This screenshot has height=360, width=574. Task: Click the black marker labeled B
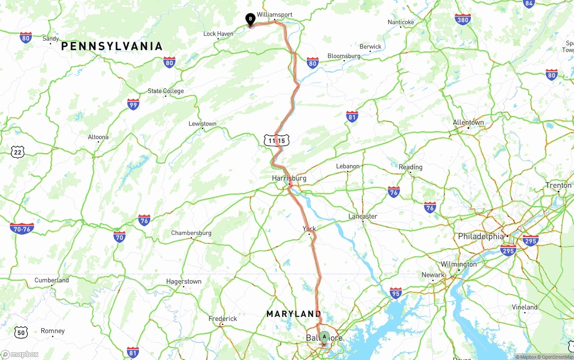click(250, 19)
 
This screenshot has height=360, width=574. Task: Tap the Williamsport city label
click(274, 15)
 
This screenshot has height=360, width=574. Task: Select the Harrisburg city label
click(289, 178)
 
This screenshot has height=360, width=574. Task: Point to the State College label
click(166, 91)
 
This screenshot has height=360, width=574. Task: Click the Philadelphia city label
click(481, 236)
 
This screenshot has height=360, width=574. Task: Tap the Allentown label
click(468, 122)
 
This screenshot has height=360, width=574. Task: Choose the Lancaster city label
click(363, 217)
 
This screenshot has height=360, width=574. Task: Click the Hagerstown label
click(184, 282)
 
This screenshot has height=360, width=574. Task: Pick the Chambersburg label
click(191, 233)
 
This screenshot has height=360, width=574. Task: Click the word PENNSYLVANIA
click(112, 46)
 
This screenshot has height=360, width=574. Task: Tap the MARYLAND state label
click(294, 314)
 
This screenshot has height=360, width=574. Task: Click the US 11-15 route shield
click(277, 141)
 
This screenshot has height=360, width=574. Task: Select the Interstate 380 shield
click(462, 20)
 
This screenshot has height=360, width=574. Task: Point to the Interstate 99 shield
click(133, 104)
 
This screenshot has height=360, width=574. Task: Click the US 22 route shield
click(17, 152)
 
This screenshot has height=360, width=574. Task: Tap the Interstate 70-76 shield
click(22, 228)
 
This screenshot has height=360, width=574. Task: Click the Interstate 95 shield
click(396, 294)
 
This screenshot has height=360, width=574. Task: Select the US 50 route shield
click(21, 332)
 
